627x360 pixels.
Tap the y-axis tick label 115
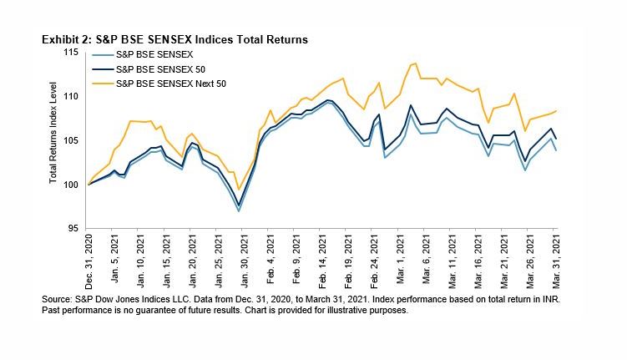pos(72,53)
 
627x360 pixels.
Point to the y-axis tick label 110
pos(72,97)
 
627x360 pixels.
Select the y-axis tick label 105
pos(72,140)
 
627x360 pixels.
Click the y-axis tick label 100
pos(72,185)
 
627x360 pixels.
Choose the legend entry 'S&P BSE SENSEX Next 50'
pos(172,84)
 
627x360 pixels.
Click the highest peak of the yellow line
pos(415,63)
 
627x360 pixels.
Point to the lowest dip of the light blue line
pos(240,211)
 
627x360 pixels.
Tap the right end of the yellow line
pos(557,111)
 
